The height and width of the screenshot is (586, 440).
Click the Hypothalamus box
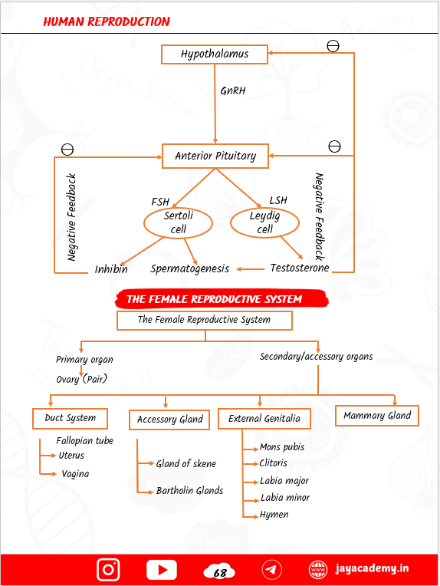pyautogui.click(x=215, y=54)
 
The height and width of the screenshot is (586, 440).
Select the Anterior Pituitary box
pyautogui.click(x=215, y=156)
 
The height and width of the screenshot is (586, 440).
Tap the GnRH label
pyautogui.click(x=233, y=91)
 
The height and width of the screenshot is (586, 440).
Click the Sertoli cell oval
pyautogui.click(x=179, y=223)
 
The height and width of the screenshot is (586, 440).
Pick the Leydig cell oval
pyautogui.click(x=265, y=223)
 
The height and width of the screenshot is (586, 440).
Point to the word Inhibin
pyautogui.click(x=111, y=269)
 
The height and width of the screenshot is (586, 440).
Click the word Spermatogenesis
pyautogui.click(x=189, y=268)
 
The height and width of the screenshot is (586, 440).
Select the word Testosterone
pyautogui.click(x=300, y=268)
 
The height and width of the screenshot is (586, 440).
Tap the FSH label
pyautogui.click(x=160, y=201)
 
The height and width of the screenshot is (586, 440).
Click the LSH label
pyautogui.click(x=278, y=201)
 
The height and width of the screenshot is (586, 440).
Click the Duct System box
pyautogui.click(x=71, y=419)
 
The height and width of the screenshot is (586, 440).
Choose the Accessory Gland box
pyautogui.click(x=169, y=420)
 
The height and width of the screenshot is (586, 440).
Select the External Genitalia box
pyautogui.click(x=264, y=419)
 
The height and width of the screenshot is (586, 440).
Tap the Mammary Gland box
pyautogui.click(x=377, y=416)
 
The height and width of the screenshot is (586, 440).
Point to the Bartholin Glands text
pyautogui.click(x=189, y=491)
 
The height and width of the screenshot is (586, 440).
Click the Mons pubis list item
pyautogui.click(x=282, y=447)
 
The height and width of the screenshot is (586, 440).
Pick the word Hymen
pyautogui.click(x=274, y=515)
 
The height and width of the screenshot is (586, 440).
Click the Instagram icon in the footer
pyautogui.click(x=108, y=569)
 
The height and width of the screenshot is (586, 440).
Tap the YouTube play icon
pyautogui.click(x=162, y=569)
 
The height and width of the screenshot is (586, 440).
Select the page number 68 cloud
pyautogui.click(x=219, y=571)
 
